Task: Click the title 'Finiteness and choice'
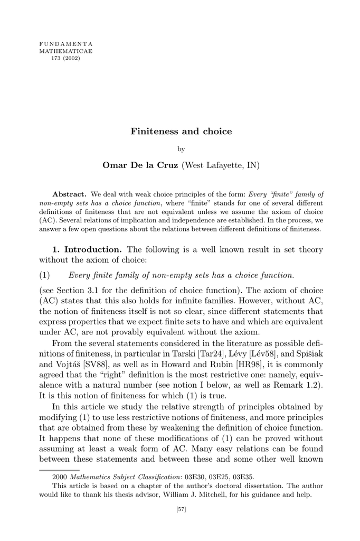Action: (x=181, y=131)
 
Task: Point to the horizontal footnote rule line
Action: (x=59, y=468)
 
